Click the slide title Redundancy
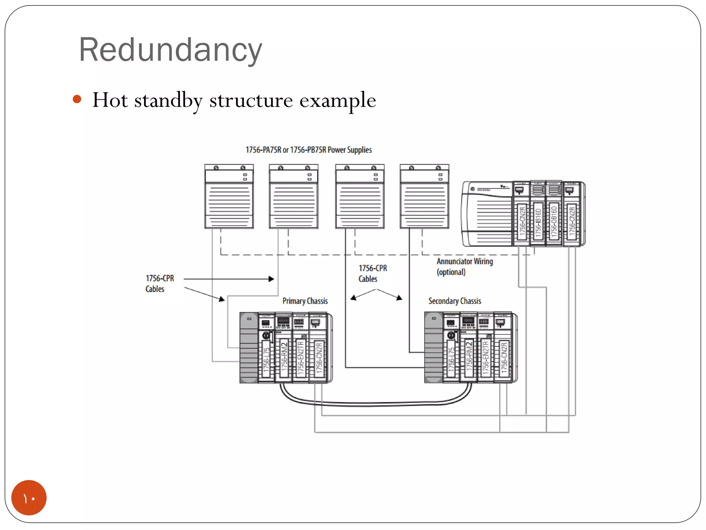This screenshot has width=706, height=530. pyautogui.click(x=170, y=50)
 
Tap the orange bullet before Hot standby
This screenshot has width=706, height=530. pyautogui.click(x=77, y=100)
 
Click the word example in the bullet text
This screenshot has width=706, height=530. pyautogui.click(x=337, y=100)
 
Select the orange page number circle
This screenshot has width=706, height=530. pyautogui.click(x=29, y=497)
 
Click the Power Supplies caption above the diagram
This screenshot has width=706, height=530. pyautogui.click(x=309, y=150)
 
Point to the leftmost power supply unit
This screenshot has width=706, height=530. pyautogui.click(x=229, y=197)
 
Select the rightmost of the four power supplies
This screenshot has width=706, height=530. pyautogui.click(x=424, y=197)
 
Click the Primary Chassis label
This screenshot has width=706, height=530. pyautogui.click(x=305, y=301)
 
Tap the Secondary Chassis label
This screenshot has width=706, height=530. pyautogui.click(x=454, y=301)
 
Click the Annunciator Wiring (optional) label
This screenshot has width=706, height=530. pyautogui.click(x=464, y=266)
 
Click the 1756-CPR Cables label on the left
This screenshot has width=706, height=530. pyautogui.click(x=159, y=283)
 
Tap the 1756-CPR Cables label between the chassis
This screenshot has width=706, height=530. pyautogui.click(x=372, y=273)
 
